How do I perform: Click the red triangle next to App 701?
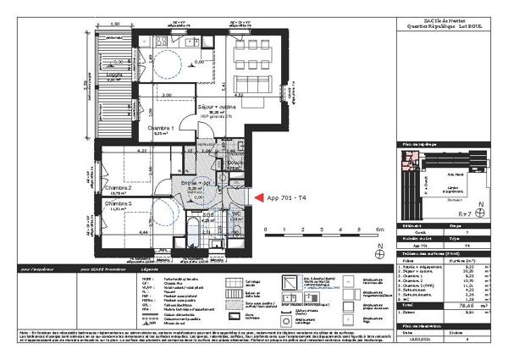pyautogui.click(x=258, y=197)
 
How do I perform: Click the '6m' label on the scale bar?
pyautogui.click(x=380, y=230)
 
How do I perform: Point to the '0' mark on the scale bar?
pyautogui.click(x=264, y=230)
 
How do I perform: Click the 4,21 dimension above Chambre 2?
pyautogui.click(x=119, y=151)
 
